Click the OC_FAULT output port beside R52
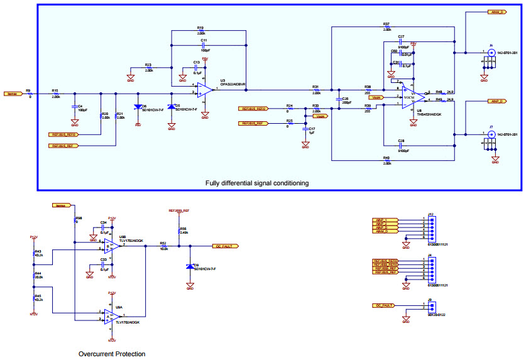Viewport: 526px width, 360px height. coord(226,246)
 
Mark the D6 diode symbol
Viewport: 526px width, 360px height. coord(138,107)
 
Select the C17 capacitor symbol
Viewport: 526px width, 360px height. coord(305,129)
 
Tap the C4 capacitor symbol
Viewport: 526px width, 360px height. coord(75,107)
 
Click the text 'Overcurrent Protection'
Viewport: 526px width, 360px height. coord(112,354)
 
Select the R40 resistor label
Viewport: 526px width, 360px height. coord(386,158)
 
